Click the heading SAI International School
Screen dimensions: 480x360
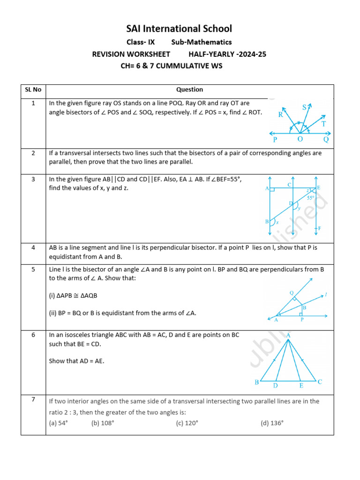180,29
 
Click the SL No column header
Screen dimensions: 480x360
33,90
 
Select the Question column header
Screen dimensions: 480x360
189,90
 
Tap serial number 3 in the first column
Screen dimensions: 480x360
33,179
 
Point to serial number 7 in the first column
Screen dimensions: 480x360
33,399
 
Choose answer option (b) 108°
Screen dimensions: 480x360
103,423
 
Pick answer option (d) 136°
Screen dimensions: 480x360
272,423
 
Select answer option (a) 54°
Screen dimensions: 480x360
59,423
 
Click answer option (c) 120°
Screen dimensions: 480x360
187,423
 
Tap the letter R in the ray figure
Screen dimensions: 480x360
280,114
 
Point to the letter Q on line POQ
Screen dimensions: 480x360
326,139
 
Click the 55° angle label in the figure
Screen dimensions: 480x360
311,198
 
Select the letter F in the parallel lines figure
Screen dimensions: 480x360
320,228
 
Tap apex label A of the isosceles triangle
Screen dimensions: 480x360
288,336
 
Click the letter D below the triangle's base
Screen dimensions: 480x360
276,385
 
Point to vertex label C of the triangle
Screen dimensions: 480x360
320,382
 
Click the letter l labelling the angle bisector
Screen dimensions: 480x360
326,295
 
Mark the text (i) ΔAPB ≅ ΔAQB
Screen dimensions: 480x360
74,295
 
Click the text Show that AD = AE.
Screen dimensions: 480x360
76,361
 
